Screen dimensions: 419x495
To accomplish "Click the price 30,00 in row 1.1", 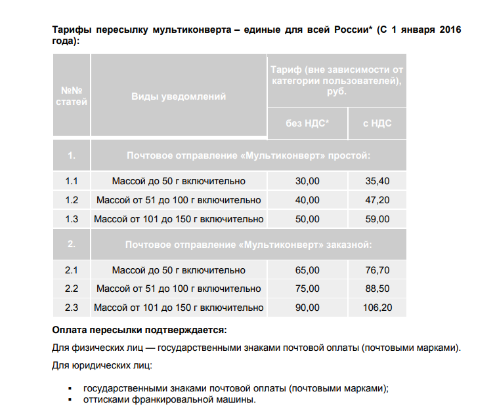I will pyautogui.click(x=307, y=181).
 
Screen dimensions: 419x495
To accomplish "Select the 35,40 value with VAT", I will pyautogui.click(x=377, y=181).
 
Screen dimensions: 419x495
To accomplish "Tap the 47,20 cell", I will pyautogui.click(x=377, y=200).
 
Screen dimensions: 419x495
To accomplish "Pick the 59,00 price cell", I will pyautogui.click(x=377, y=219).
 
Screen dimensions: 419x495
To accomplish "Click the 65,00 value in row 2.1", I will pyautogui.click(x=307, y=270).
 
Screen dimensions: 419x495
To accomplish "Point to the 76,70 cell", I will pyautogui.click(x=377, y=270).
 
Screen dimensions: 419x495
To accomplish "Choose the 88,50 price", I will pyautogui.click(x=377, y=289).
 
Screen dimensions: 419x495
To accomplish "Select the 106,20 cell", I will pyautogui.click(x=377, y=308).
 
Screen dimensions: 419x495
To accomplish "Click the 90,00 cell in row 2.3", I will pyautogui.click(x=307, y=308).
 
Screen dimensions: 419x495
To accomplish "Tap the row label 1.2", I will pyautogui.click(x=72, y=200).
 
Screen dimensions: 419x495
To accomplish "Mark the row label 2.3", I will pyautogui.click(x=72, y=308).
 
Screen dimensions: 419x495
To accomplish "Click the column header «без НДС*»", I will pyautogui.click(x=307, y=123).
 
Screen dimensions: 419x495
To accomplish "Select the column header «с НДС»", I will pyautogui.click(x=377, y=123).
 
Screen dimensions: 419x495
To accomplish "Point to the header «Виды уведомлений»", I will pyautogui.click(x=179, y=96).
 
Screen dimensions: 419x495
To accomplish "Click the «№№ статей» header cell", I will pyautogui.click(x=72, y=96).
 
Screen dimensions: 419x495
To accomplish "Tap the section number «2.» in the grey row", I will pyautogui.click(x=72, y=245).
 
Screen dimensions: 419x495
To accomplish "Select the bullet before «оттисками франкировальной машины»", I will pyautogui.click(x=69, y=400).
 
